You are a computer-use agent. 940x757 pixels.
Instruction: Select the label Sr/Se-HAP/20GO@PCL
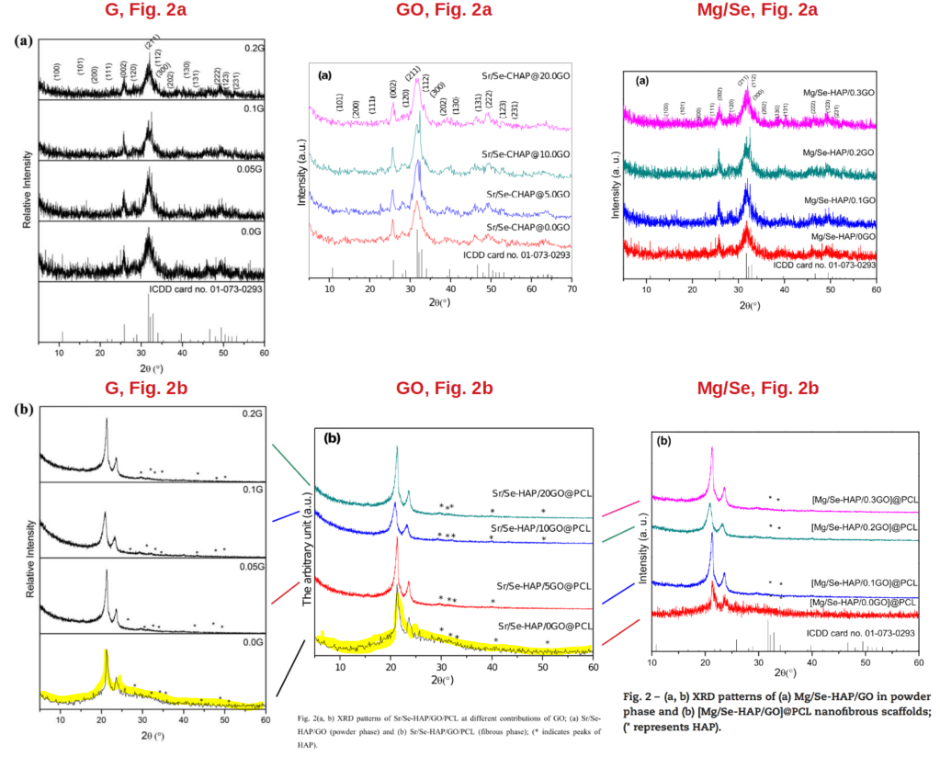pos(537,494)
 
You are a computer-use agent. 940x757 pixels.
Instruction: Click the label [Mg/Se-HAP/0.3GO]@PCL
pos(864,499)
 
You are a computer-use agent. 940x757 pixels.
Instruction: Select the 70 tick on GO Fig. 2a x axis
pos(572,290)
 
